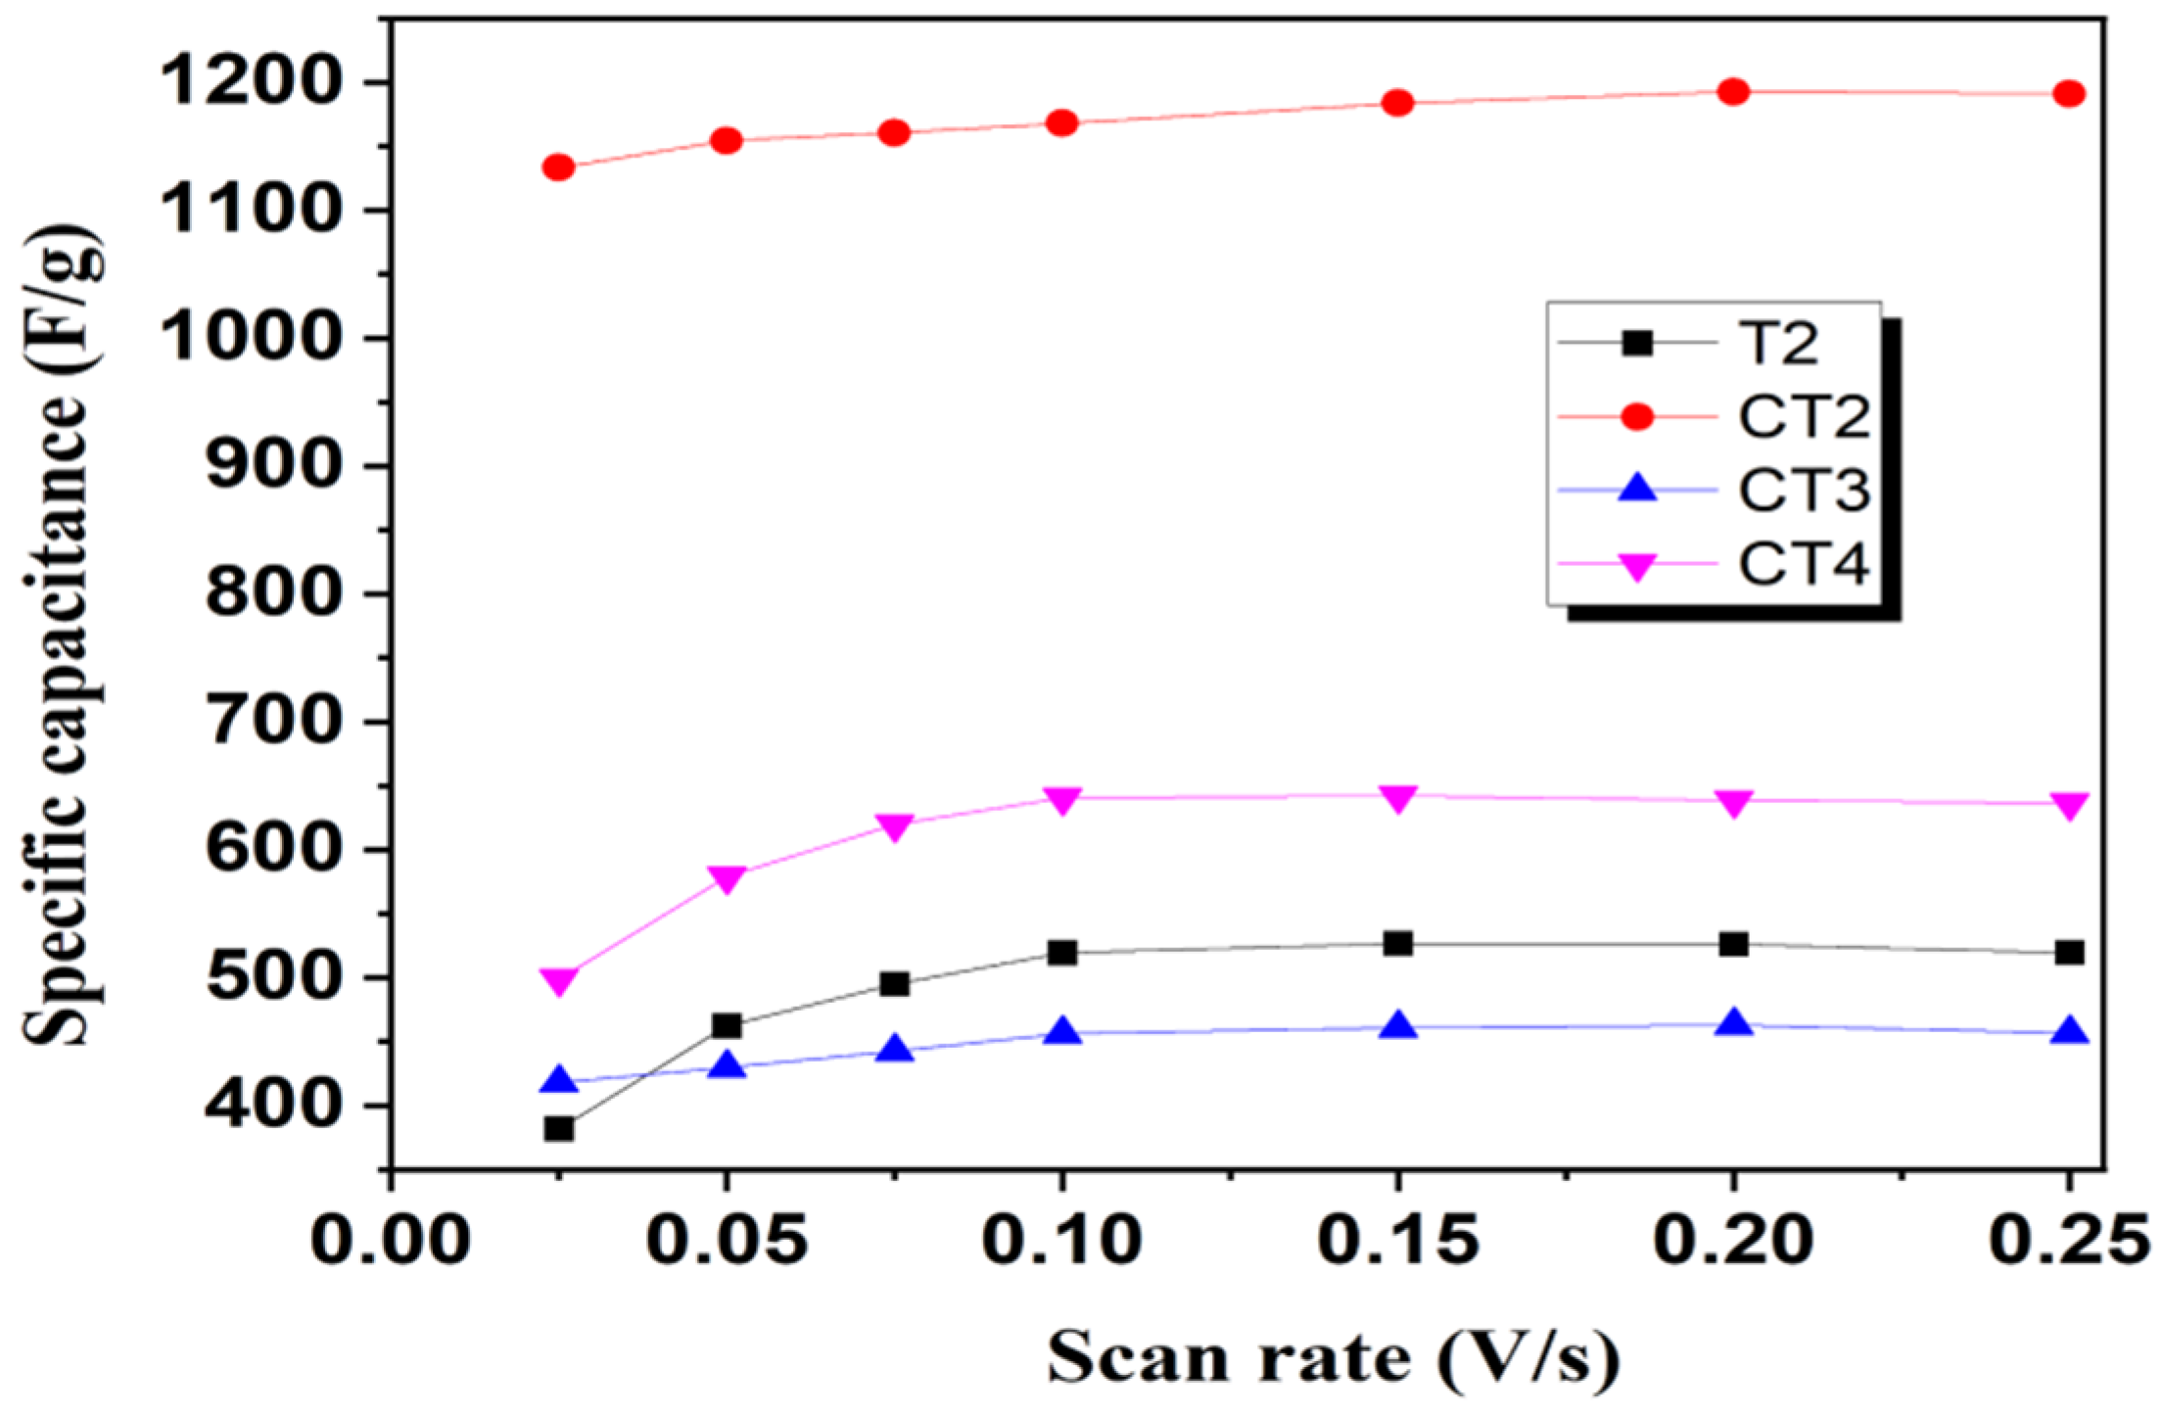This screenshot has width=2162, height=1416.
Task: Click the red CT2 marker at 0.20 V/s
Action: [1733, 92]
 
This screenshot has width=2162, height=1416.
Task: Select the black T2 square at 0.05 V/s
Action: [726, 1026]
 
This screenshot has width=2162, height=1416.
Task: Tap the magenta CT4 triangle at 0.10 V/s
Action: [1062, 799]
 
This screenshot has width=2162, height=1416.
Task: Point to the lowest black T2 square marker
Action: [559, 1128]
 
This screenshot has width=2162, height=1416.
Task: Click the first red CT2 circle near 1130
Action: [558, 167]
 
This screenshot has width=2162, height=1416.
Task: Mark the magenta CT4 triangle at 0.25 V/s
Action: [2069, 805]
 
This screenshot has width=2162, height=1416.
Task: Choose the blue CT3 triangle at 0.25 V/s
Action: [2069, 1032]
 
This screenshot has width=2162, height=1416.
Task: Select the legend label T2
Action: [1778, 344]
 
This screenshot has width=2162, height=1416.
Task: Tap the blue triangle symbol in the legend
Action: [1637, 489]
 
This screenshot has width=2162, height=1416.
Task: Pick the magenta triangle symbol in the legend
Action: [1637, 566]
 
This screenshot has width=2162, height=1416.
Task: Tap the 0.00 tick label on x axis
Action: [390, 1240]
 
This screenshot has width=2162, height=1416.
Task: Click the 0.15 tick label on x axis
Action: [1398, 1240]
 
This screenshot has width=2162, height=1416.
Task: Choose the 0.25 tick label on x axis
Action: [2069, 1240]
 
